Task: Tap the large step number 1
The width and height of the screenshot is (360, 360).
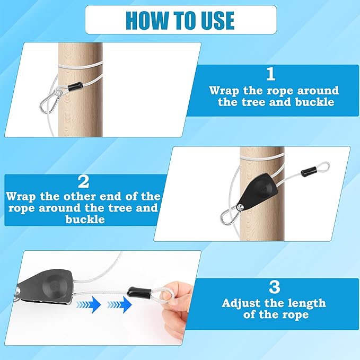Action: coord(271,74)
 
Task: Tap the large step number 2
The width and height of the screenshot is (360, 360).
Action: coord(83,182)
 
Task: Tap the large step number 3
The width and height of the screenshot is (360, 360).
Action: coord(275,287)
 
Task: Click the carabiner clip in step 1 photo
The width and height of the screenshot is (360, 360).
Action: coord(49,101)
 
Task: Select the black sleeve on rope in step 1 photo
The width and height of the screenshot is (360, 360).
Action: coord(75,86)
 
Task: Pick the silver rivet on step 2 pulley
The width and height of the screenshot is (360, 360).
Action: coord(240,207)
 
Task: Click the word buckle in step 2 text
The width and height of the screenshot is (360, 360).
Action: coord(85,219)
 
